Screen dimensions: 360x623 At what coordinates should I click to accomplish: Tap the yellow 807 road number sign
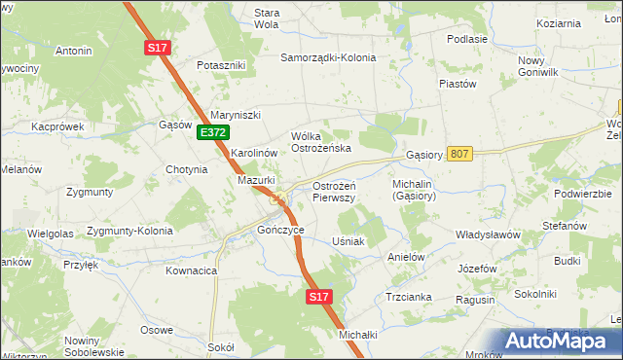(461, 154)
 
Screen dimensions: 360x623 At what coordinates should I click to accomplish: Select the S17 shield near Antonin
(157, 47)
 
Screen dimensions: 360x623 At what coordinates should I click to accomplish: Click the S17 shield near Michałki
(318, 296)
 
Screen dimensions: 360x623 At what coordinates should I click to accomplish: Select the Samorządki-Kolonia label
(328, 57)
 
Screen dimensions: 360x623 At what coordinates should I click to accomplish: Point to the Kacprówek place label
(57, 126)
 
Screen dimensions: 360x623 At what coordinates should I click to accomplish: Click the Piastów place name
(457, 84)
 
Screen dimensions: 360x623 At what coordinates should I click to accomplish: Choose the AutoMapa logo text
(565, 342)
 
